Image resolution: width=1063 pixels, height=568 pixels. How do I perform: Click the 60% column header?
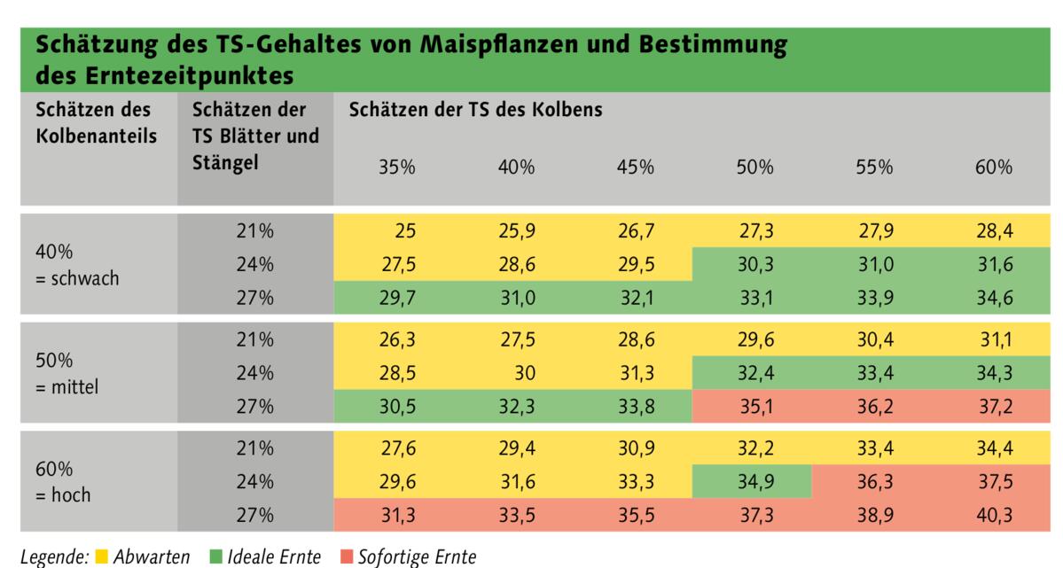pos(993,167)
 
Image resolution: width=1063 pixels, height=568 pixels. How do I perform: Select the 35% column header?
pos(397,167)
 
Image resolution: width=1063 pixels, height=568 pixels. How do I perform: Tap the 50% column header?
pos(754,167)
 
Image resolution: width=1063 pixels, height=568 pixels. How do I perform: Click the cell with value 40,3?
pos(993,515)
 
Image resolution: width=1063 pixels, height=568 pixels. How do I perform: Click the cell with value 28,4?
pos(993,231)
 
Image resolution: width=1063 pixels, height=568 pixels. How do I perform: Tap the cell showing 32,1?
pos(636,298)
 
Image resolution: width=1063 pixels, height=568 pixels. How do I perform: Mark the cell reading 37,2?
pos(993,407)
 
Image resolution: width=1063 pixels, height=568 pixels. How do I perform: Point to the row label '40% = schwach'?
pos(77,264)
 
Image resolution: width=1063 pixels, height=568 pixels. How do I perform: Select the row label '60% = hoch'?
pos(63,482)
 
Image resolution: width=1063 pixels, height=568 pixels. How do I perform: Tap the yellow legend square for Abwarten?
pos(102,557)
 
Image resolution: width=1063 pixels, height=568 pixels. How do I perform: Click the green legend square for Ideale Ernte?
pos(215,557)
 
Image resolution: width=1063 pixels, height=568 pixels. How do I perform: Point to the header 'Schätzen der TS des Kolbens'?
pos(475,111)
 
